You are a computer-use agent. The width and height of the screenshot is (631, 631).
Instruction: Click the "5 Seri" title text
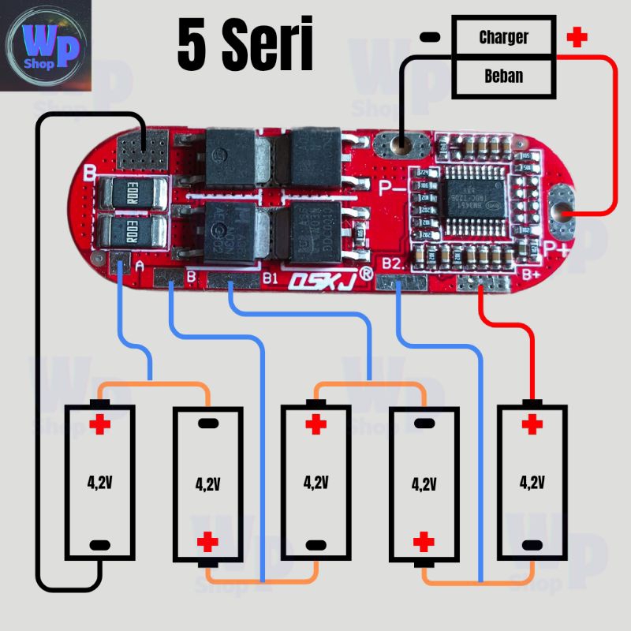[x=245, y=45]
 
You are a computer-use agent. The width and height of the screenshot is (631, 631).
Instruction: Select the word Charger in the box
[x=503, y=37]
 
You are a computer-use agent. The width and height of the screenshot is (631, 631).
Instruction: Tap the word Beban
[x=503, y=77]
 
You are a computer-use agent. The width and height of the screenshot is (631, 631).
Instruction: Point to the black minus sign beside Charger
[x=429, y=37]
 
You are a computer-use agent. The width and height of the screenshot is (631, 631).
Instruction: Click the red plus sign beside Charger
[x=578, y=37]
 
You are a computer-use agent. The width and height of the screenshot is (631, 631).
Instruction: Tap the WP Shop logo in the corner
[x=47, y=44]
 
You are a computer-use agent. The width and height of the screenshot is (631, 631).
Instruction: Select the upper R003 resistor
[x=132, y=192]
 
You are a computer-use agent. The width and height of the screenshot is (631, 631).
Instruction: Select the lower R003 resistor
[x=132, y=232]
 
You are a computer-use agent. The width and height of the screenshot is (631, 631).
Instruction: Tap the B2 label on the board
[x=394, y=263]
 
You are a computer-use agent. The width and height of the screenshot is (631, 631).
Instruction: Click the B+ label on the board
[x=528, y=274]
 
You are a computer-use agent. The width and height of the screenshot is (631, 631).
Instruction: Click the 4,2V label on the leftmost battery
[x=99, y=481]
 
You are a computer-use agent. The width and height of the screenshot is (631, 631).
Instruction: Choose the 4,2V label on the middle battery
[x=315, y=481]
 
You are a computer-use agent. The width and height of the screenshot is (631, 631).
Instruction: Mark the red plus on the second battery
[x=207, y=542]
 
